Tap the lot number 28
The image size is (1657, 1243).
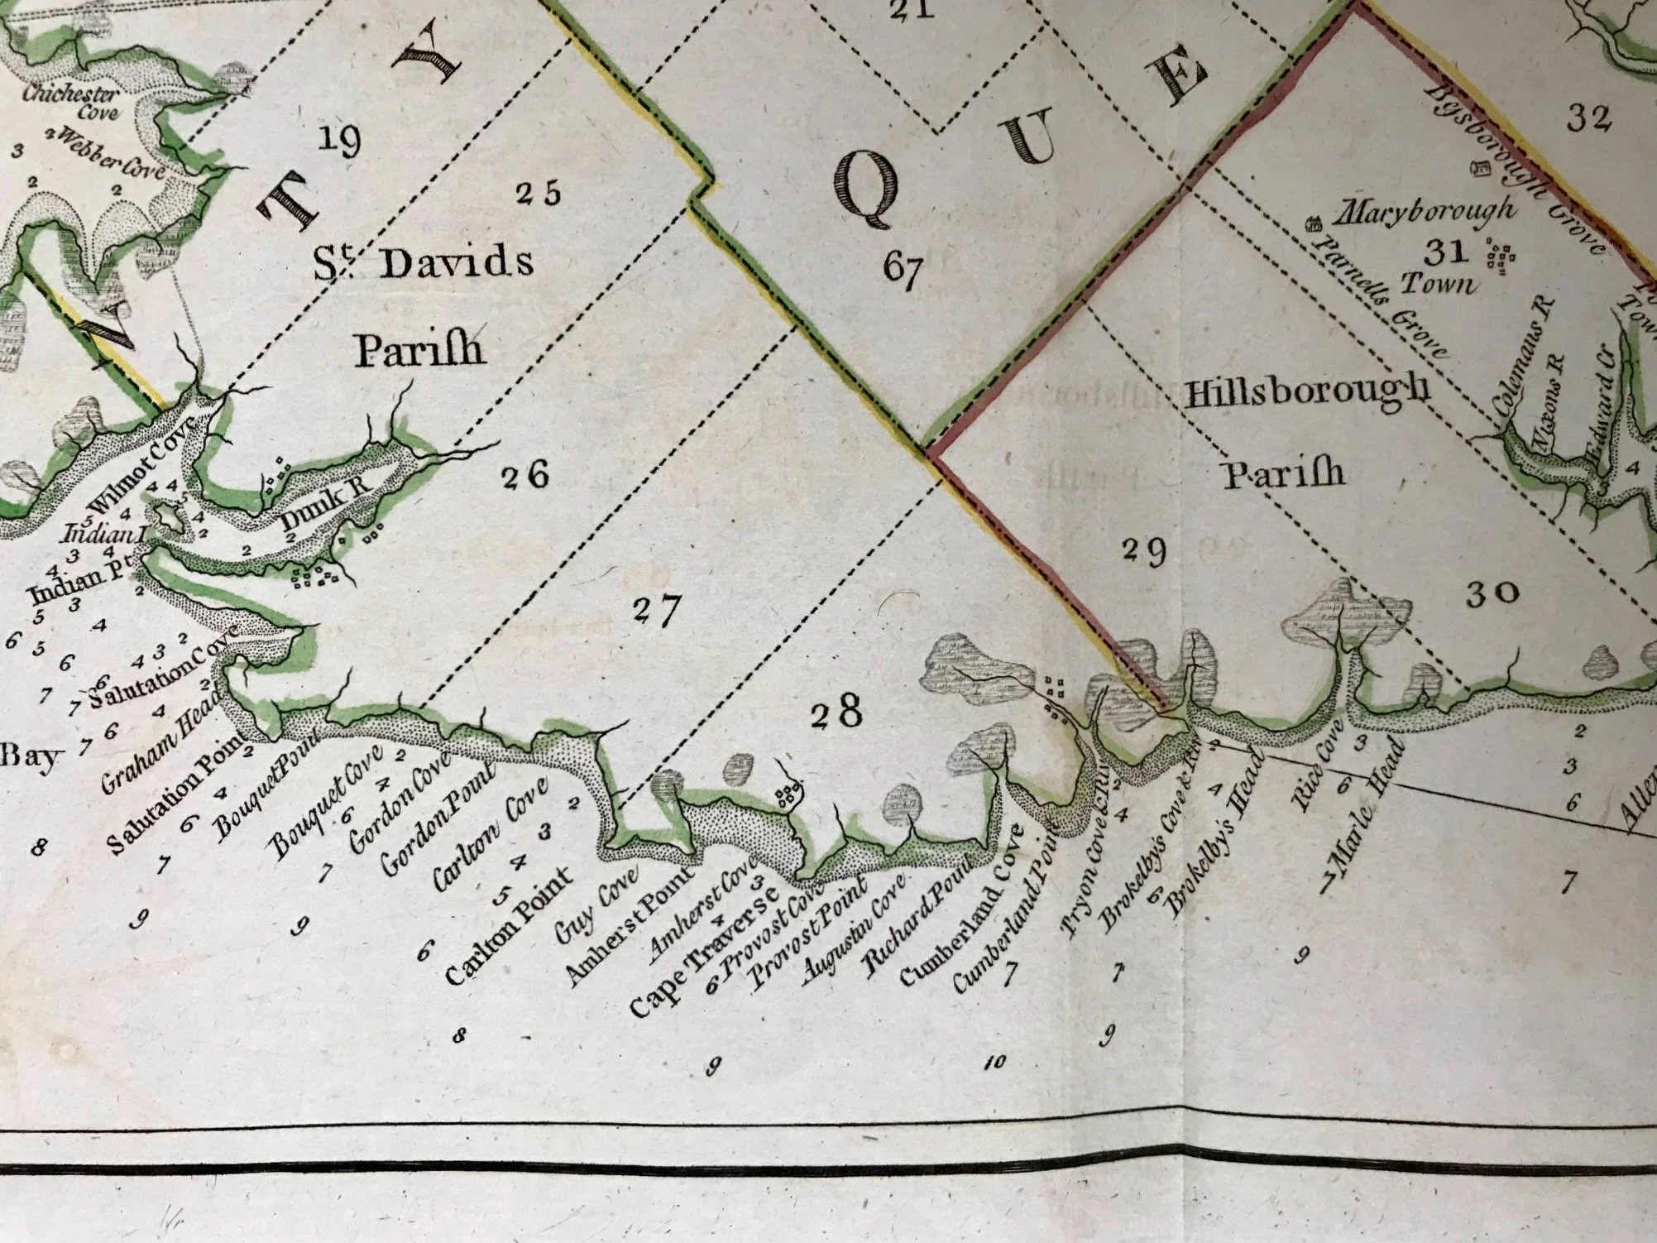(x=836, y=712)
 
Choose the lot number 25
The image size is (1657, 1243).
(x=538, y=193)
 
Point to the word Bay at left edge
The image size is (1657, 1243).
(x=31, y=756)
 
